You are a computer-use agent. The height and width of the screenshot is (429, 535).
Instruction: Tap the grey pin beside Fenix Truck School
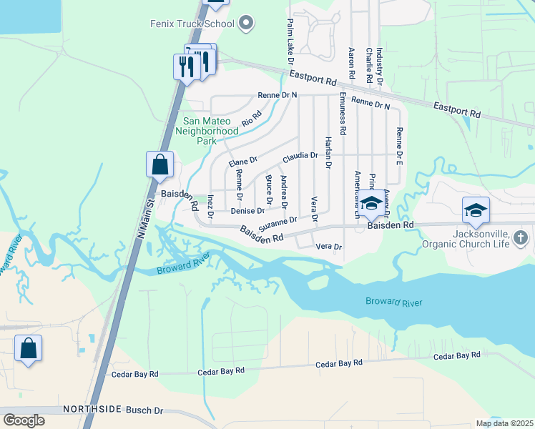coord(246,24)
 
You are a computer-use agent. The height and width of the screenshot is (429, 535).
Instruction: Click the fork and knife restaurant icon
coord(185,67)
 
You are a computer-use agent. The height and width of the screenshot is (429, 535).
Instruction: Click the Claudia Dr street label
coord(300,156)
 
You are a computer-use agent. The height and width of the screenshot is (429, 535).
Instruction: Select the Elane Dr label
coord(242,162)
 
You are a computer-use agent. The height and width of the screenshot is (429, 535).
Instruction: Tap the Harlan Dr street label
coord(328,151)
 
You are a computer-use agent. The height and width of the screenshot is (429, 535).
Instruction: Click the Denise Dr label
coord(247,211)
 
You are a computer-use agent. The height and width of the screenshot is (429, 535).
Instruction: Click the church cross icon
coord(521,237)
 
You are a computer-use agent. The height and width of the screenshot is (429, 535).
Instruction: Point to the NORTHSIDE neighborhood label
coord(92,410)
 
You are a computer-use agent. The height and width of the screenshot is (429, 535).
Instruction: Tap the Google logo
coord(24,420)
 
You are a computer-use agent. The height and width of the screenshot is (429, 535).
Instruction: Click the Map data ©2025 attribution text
coord(504,423)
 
